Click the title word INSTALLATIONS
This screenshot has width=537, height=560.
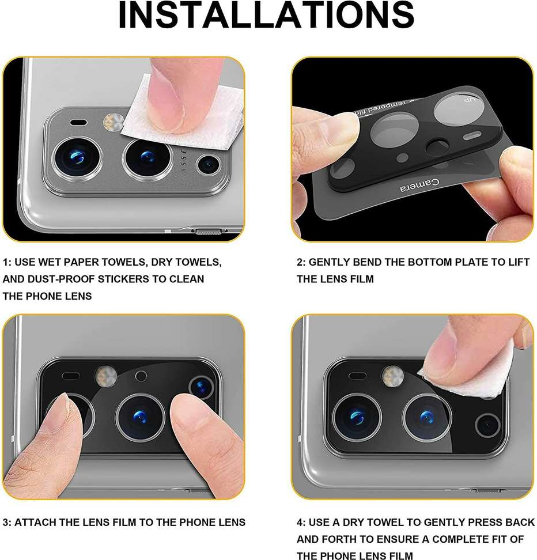(266, 16)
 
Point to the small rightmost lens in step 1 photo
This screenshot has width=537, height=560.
(207, 165)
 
